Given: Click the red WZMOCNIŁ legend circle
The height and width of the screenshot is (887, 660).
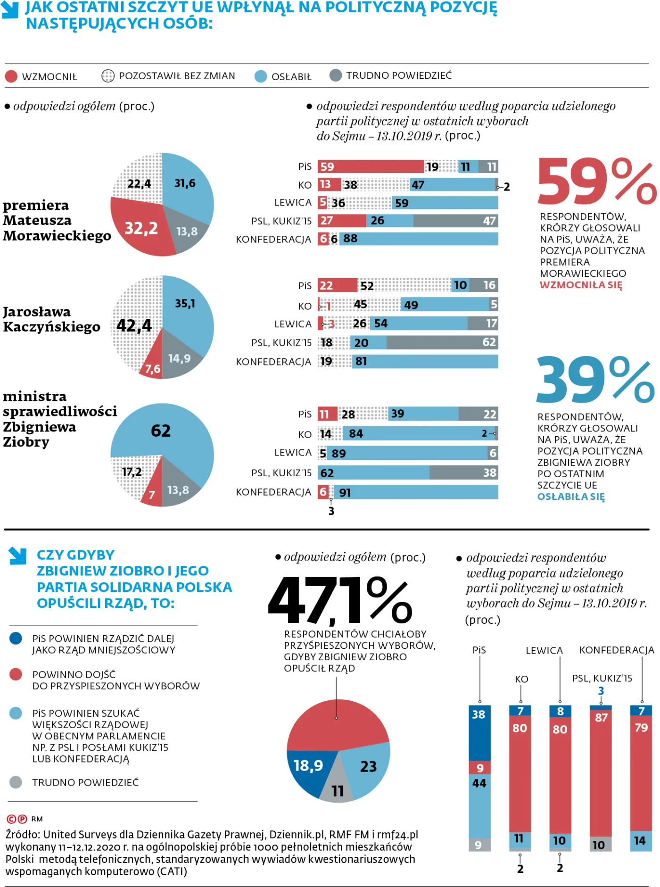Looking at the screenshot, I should tap(11, 76).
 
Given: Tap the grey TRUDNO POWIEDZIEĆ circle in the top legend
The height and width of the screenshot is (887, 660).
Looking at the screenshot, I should tap(335, 75).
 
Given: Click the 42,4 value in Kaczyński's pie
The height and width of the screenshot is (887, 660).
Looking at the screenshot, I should tap(134, 325).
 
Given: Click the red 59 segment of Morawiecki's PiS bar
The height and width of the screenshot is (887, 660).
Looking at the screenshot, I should tap(371, 166).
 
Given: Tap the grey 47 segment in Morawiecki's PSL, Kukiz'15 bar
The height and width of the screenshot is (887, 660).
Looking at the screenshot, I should tap(455, 221).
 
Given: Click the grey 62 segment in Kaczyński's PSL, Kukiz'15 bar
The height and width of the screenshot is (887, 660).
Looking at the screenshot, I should tap(442, 342).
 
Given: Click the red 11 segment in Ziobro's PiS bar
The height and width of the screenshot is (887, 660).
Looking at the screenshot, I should tap(327, 414).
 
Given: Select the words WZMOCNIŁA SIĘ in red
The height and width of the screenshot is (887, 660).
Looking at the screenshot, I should tap(581, 285).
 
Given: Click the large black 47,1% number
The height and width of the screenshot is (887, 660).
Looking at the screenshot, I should tap(339, 601).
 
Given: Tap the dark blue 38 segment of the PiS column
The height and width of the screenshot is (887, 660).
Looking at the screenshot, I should tap(479, 732).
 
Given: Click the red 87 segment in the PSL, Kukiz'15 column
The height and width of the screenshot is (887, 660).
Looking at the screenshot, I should tap(601, 773).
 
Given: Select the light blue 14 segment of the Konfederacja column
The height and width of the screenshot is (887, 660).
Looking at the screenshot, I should tap(641, 840).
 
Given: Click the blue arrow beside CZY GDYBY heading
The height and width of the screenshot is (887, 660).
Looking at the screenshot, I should tap(18, 555).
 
